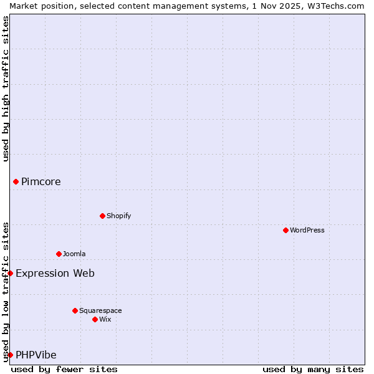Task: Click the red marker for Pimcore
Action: (x=16, y=181)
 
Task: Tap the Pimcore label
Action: (x=41, y=182)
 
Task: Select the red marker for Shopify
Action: (x=102, y=216)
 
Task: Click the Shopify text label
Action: (x=119, y=216)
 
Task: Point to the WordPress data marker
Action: (x=285, y=230)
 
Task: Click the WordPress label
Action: (x=307, y=231)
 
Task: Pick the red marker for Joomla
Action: (x=59, y=254)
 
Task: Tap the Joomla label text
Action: (x=74, y=254)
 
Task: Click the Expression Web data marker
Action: (x=11, y=273)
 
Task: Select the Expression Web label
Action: (x=55, y=274)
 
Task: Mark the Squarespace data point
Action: (x=75, y=310)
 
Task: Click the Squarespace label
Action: (x=100, y=311)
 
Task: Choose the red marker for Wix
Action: (x=95, y=319)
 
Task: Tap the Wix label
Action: (x=105, y=320)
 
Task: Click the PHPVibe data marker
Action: (x=11, y=355)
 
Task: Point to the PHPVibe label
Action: (x=36, y=355)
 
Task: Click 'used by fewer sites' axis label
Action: (x=64, y=370)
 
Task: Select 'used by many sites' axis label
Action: (x=313, y=370)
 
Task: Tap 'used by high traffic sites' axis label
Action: (x=6, y=89)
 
